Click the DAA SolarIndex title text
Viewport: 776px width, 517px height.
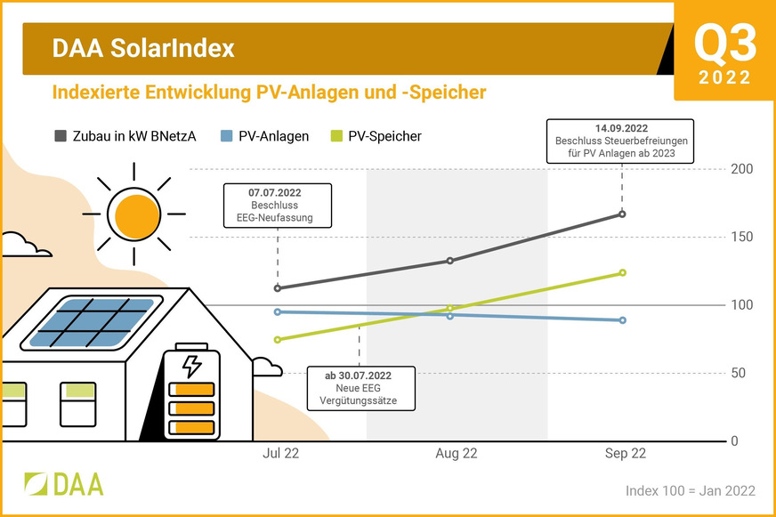(143, 48)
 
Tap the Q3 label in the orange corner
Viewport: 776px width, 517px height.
(724, 42)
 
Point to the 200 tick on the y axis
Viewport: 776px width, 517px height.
(741, 169)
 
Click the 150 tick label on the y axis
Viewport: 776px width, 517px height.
(741, 237)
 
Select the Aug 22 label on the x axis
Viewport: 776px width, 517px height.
(456, 454)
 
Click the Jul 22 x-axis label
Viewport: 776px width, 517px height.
(280, 454)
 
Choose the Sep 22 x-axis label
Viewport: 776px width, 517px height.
(625, 454)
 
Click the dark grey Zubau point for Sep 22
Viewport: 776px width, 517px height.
(622, 214)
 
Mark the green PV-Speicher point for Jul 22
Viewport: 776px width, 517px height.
(278, 339)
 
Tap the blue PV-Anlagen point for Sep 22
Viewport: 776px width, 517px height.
(622, 320)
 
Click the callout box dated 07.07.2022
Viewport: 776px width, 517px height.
(277, 205)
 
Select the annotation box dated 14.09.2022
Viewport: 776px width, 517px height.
(621, 141)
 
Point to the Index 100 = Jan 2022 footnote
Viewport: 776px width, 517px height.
(690, 491)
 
